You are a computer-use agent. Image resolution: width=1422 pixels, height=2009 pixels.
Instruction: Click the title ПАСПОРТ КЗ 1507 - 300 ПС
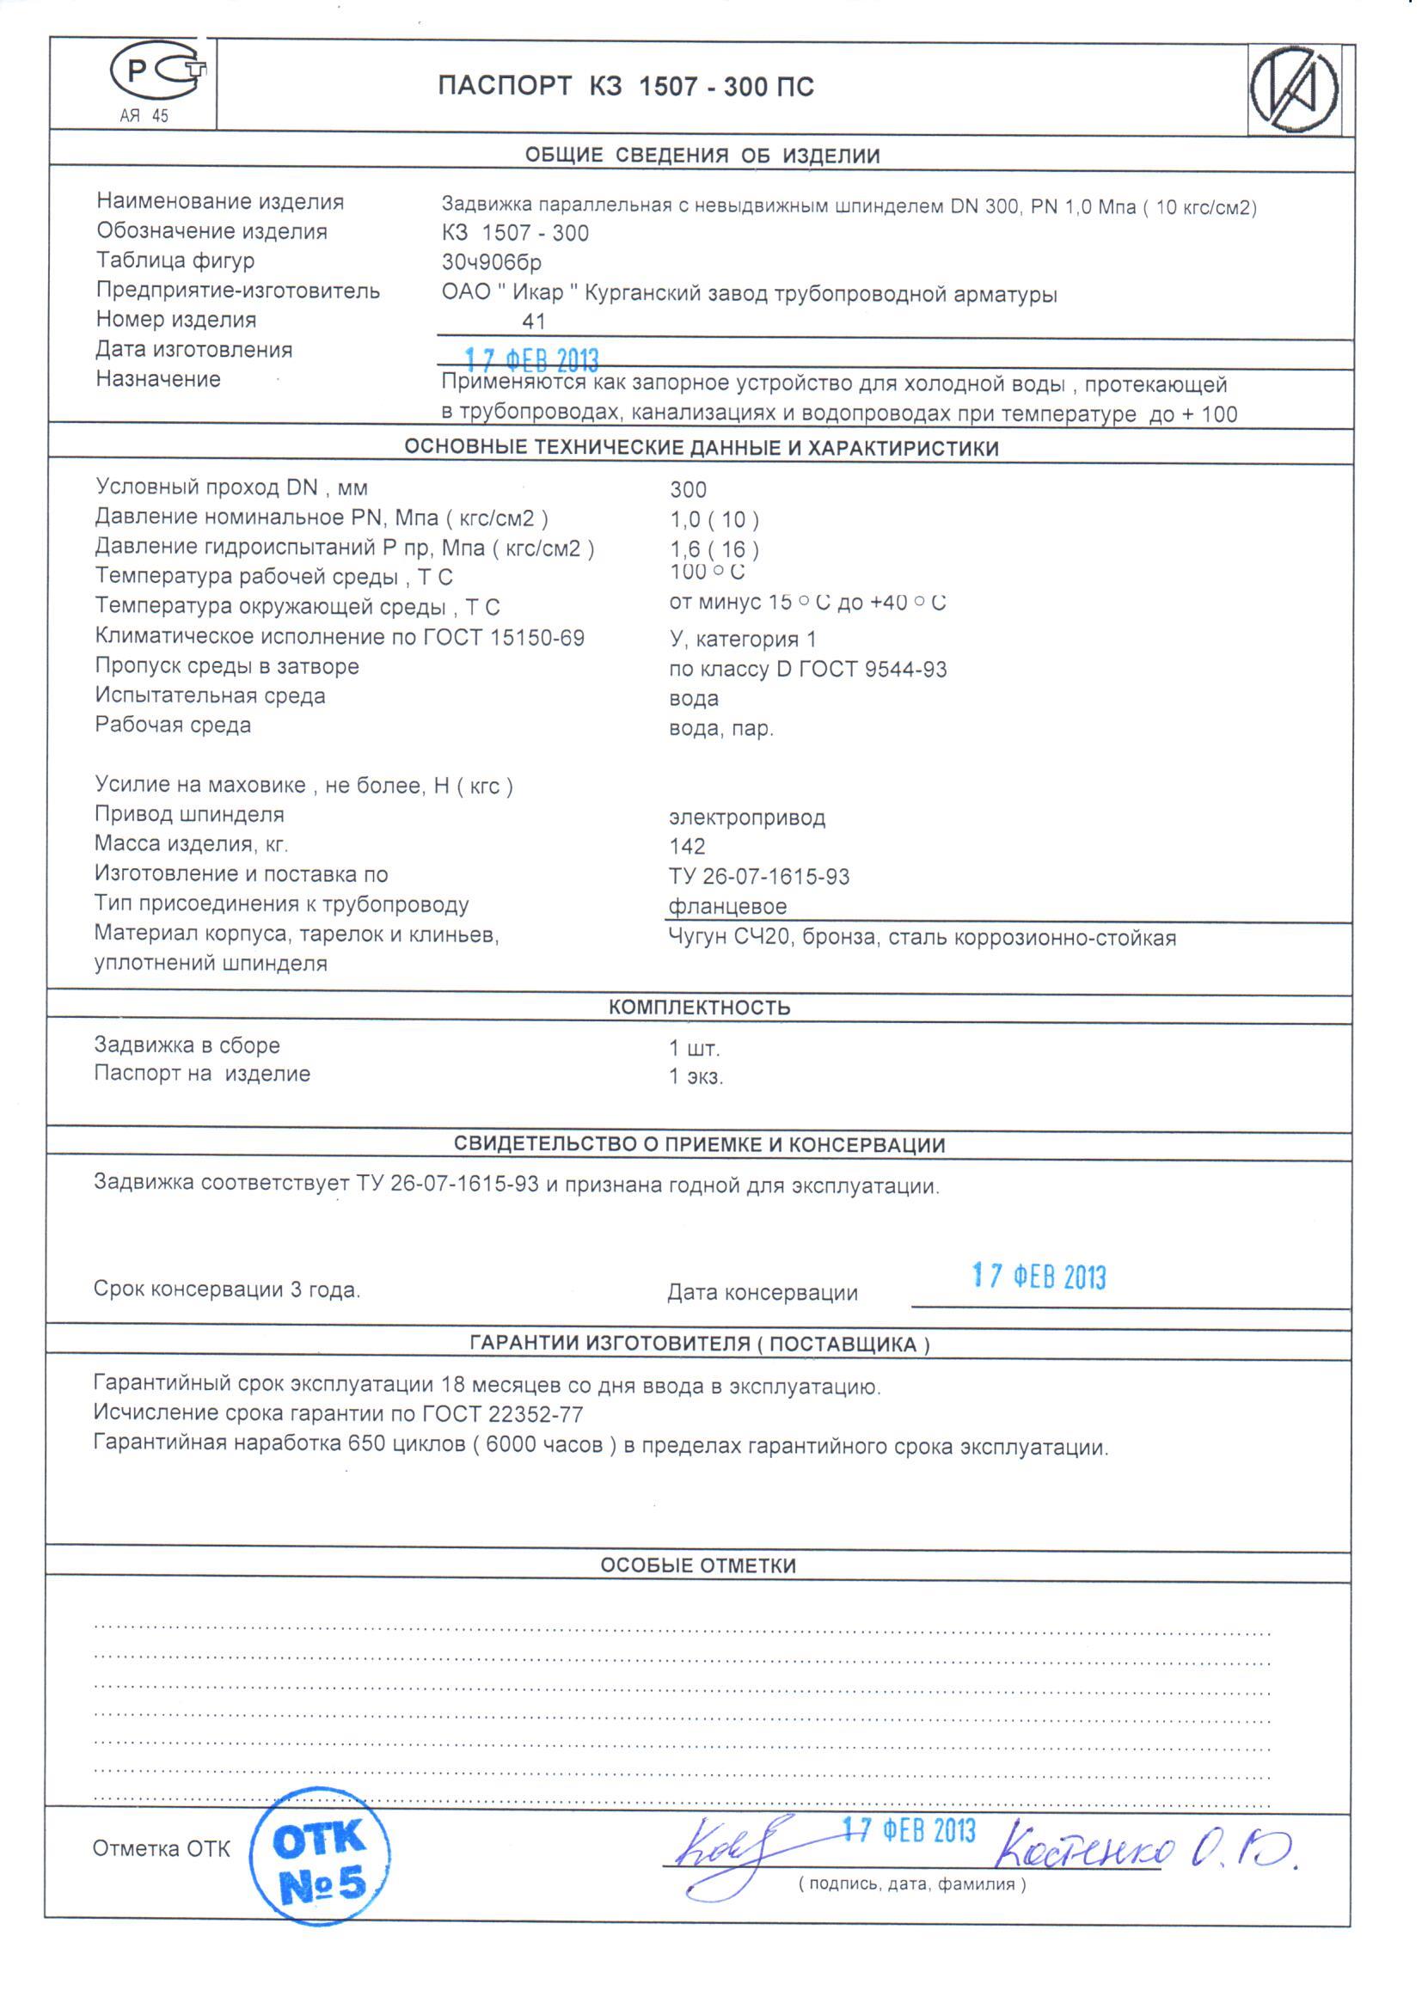pos(626,87)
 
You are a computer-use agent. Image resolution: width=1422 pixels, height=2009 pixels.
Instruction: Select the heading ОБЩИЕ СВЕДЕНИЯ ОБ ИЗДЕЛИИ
pos(702,156)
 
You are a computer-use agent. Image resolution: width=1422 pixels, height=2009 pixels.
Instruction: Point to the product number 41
pos(534,322)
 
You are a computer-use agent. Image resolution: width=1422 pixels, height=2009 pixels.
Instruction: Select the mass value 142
pos(688,847)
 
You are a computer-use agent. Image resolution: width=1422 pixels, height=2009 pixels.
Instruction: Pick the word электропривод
pos(747,818)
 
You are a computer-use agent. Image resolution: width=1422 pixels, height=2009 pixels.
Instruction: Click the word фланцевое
pos(727,907)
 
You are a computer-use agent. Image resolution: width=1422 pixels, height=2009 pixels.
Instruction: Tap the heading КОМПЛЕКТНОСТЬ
pos(700,1008)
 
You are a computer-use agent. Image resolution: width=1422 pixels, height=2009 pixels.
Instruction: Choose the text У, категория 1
pos(743,639)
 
